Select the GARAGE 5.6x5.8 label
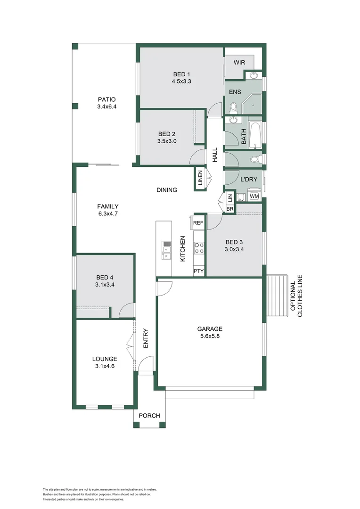pyautogui.click(x=210, y=329)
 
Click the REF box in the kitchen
pyautogui.click(x=198, y=222)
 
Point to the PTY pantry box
pyautogui.click(x=198, y=271)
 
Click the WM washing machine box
pyautogui.click(x=254, y=196)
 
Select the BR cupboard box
pyautogui.click(x=230, y=208)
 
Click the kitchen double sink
pyautogui.click(x=167, y=250)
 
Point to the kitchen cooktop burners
pyautogui.click(x=199, y=248)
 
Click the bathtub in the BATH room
pyautogui.click(x=255, y=135)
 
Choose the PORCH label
pyautogui.click(x=149, y=416)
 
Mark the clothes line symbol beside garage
pyautogui.click(x=277, y=296)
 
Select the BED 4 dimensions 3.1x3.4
pyautogui.click(x=106, y=285)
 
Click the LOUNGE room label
pyautogui.click(x=105, y=359)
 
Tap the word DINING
pyautogui.click(x=167, y=190)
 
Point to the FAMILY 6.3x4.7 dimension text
pyautogui.click(x=107, y=213)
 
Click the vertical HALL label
pyautogui.click(x=215, y=155)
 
